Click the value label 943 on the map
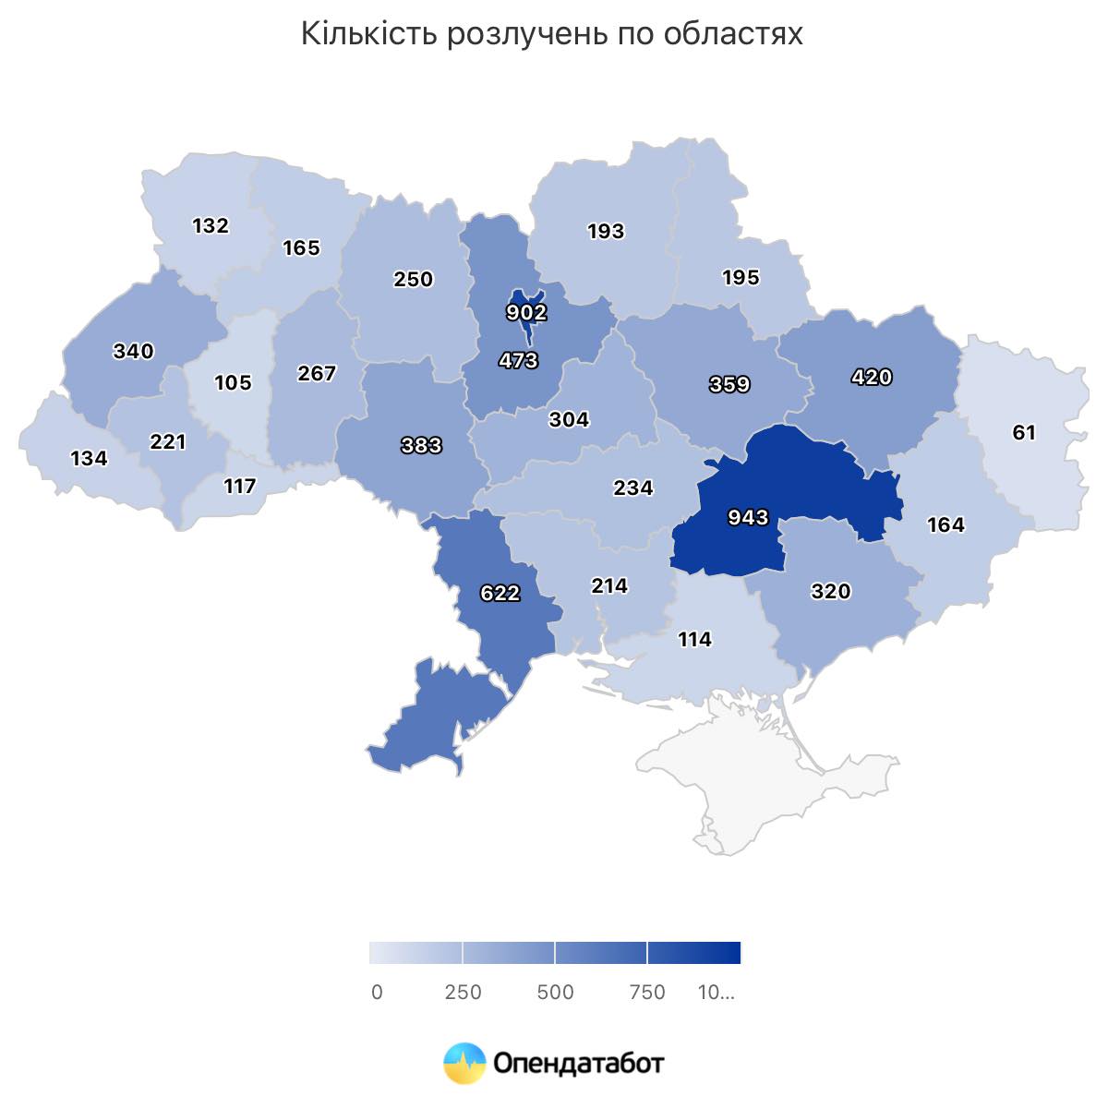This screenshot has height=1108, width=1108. click(x=748, y=517)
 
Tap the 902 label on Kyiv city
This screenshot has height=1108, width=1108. click(x=526, y=313)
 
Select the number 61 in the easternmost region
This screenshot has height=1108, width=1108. click(x=1024, y=432)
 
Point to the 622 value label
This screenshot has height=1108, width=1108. click(x=500, y=593)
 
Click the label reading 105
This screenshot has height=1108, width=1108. click(x=233, y=382)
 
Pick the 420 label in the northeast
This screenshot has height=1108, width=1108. click(x=872, y=377)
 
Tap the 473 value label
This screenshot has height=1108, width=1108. click(x=518, y=360)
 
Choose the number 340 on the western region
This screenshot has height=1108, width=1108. click(x=134, y=352)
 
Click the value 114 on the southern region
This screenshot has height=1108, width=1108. click(x=694, y=639)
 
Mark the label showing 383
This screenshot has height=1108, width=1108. click(x=422, y=446)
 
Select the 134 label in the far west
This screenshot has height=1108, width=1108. click(x=89, y=458)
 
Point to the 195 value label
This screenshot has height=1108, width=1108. click(x=741, y=278)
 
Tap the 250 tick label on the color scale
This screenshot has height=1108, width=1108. click(x=464, y=993)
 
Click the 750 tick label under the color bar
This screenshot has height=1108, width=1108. click(x=647, y=993)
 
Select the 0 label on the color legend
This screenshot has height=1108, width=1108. click(x=377, y=993)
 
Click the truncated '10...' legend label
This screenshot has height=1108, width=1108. click(x=717, y=993)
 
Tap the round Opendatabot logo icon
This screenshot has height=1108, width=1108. click(x=464, y=1063)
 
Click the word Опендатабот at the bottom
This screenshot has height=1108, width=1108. click(x=578, y=1064)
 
